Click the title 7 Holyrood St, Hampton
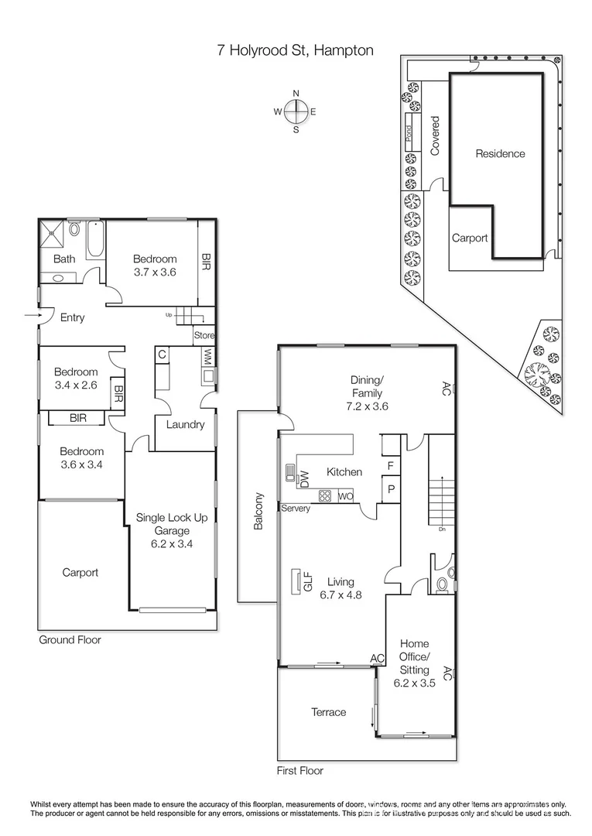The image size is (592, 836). pyautogui.click(x=295, y=50)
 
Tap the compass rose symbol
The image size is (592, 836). pyautogui.click(x=296, y=111)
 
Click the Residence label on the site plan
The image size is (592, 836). pyautogui.click(x=499, y=153)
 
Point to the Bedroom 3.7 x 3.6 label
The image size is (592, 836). pyautogui.click(x=155, y=266)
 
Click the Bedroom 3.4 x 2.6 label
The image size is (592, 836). pyautogui.click(x=77, y=378)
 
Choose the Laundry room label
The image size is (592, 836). pyautogui.click(x=185, y=424)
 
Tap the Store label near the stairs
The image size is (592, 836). pyautogui.click(x=204, y=336)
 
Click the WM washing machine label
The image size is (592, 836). pyautogui.click(x=207, y=357)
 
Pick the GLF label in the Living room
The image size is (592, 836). pyautogui.click(x=307, y=581)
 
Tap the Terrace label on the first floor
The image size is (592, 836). pyautogui.click(x=328, y=712)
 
